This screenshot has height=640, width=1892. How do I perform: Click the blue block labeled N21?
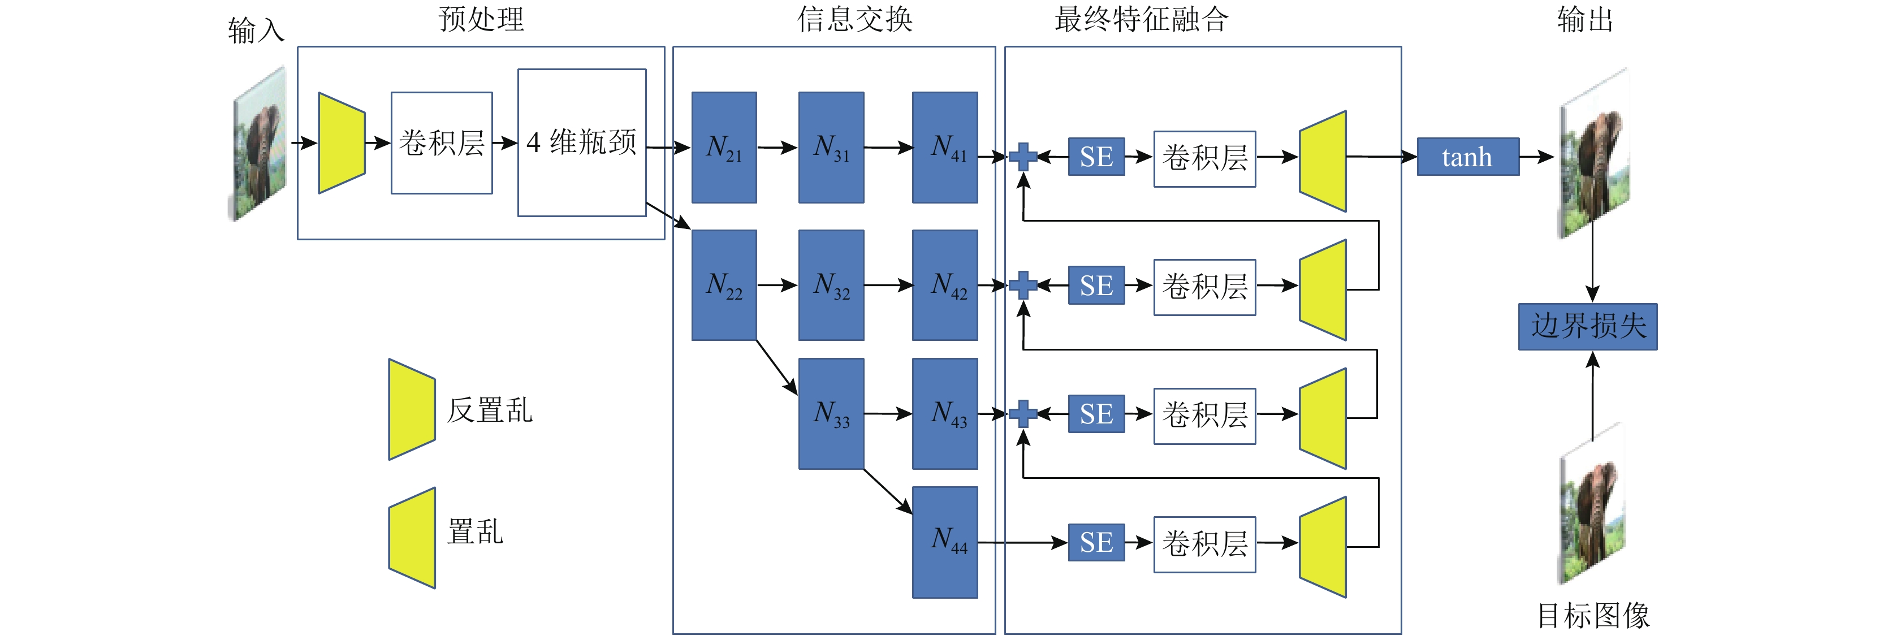[x=723, y=147]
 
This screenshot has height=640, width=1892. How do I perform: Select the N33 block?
[x=831, y=413]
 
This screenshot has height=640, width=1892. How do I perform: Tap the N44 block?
[x=944, y=542]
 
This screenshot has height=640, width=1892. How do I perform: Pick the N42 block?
[x=944, y=284]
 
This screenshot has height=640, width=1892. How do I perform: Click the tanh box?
[x=1467, y=157]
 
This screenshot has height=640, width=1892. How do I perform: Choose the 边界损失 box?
[x=1587, y=326]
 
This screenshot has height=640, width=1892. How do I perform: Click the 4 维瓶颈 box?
[x=582, y=142]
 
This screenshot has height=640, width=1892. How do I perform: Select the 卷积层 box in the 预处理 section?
[x=442, y=142]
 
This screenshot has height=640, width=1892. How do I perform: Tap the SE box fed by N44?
[x=1096, y=542]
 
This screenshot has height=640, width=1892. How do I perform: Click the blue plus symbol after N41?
[x=1022, y=157]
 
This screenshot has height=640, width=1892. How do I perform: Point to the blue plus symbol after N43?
[x=1022, y=414]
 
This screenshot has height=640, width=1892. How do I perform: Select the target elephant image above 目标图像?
[x=1592, y=507]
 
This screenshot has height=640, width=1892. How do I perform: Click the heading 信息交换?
[x=854, y=19]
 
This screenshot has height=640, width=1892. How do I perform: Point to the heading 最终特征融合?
[x=1141, y=19]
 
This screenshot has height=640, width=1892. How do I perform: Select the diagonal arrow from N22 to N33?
[x=776, y=367]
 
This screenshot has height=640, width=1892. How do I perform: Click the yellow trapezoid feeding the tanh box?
[x=1322, y=161]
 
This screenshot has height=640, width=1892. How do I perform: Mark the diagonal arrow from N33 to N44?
[x=888, y=491]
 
